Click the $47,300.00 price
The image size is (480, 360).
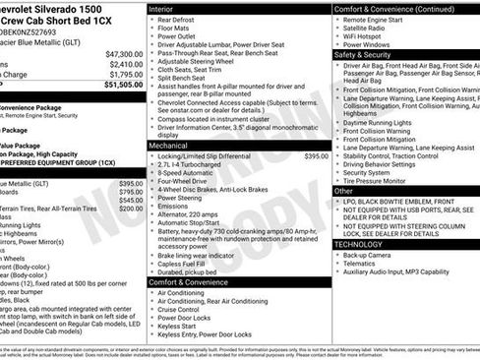[124, 53]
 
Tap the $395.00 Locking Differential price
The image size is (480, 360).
[317, 155]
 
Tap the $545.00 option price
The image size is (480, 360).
[131, 200]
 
